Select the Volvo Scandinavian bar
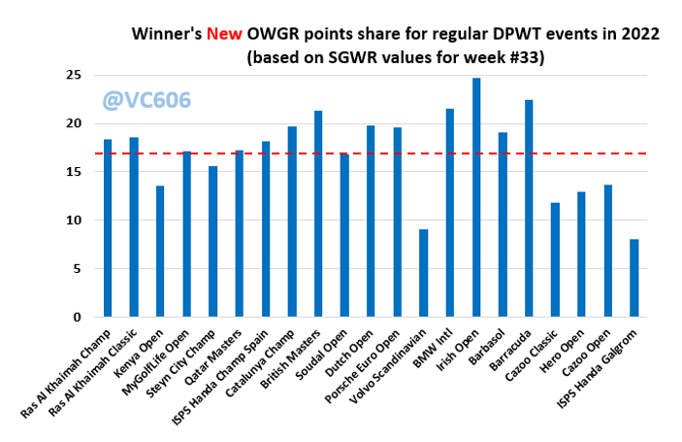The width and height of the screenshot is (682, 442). click(x=424, y=273)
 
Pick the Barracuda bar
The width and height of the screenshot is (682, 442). click(x=529, y=208)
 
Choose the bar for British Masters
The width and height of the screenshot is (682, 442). click(x=318, y=214)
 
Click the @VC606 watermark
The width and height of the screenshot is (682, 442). click(x=146, y=100)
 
